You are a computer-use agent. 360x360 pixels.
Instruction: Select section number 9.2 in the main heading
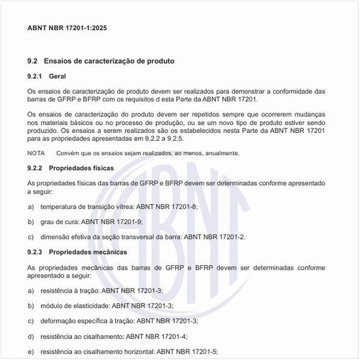click(33, 61)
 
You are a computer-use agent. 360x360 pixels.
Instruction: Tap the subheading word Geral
click(58, 77)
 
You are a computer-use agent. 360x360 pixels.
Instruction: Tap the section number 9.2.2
click(37, 168)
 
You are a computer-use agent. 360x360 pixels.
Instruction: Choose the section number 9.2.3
click(37, 252)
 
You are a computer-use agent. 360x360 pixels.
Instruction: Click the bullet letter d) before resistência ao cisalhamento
click(31, 336)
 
